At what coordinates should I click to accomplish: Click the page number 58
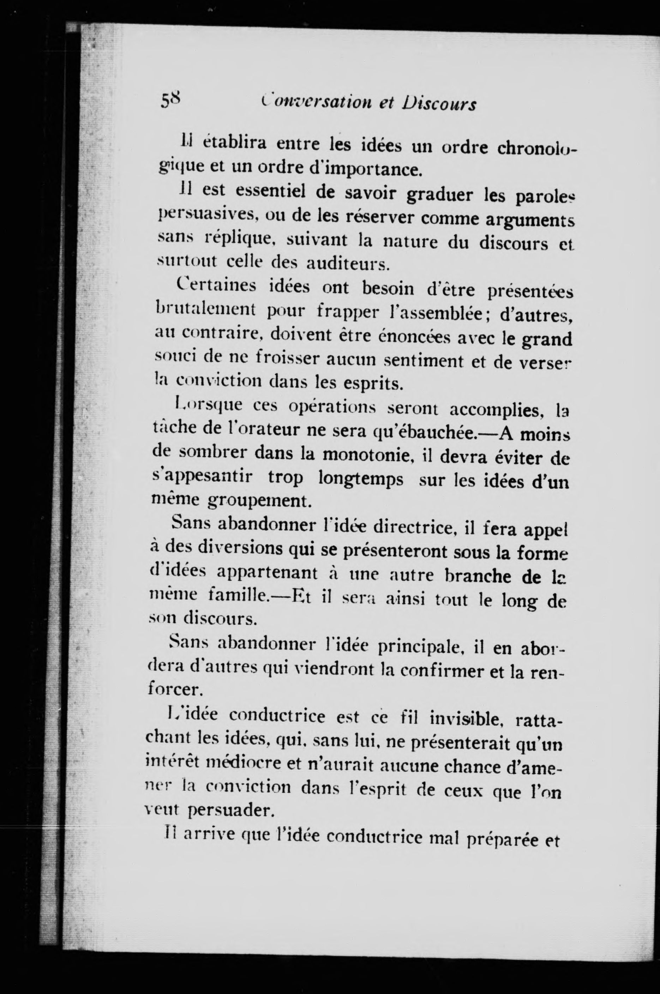pos(170,102)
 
